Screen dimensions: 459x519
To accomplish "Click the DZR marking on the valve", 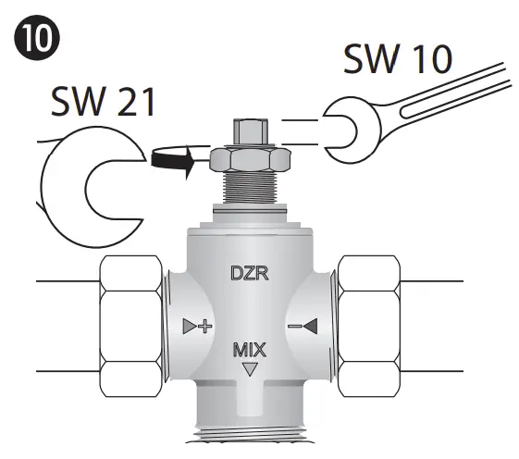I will [249, 273].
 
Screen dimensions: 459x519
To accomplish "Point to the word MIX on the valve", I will [249, 350].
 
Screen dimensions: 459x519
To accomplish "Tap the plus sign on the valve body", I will [206, 326].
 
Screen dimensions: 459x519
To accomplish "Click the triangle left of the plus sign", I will [190, 326].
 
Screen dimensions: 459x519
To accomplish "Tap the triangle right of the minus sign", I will [312, 326].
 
